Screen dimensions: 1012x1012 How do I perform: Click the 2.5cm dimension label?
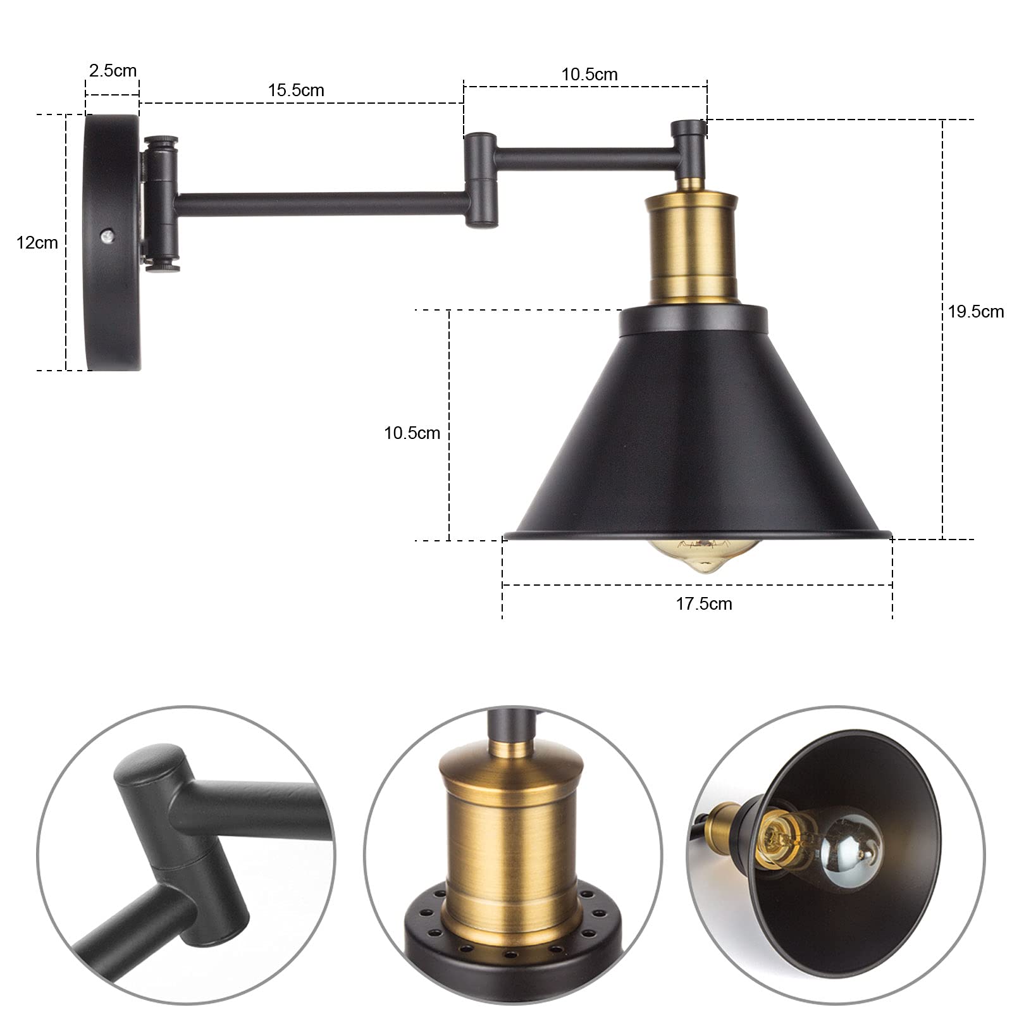pos(113,70)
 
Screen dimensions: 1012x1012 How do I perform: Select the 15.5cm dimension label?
pos(296,90)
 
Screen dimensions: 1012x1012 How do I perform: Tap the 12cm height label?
pos(37,242)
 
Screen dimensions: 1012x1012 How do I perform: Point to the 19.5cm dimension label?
pos(976,311)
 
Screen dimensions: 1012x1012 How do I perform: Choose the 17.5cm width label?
pos(704,603)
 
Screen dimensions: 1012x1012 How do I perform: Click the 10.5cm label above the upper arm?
pos(589,74)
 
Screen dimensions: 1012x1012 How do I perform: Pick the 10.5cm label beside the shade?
pos(412,433)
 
